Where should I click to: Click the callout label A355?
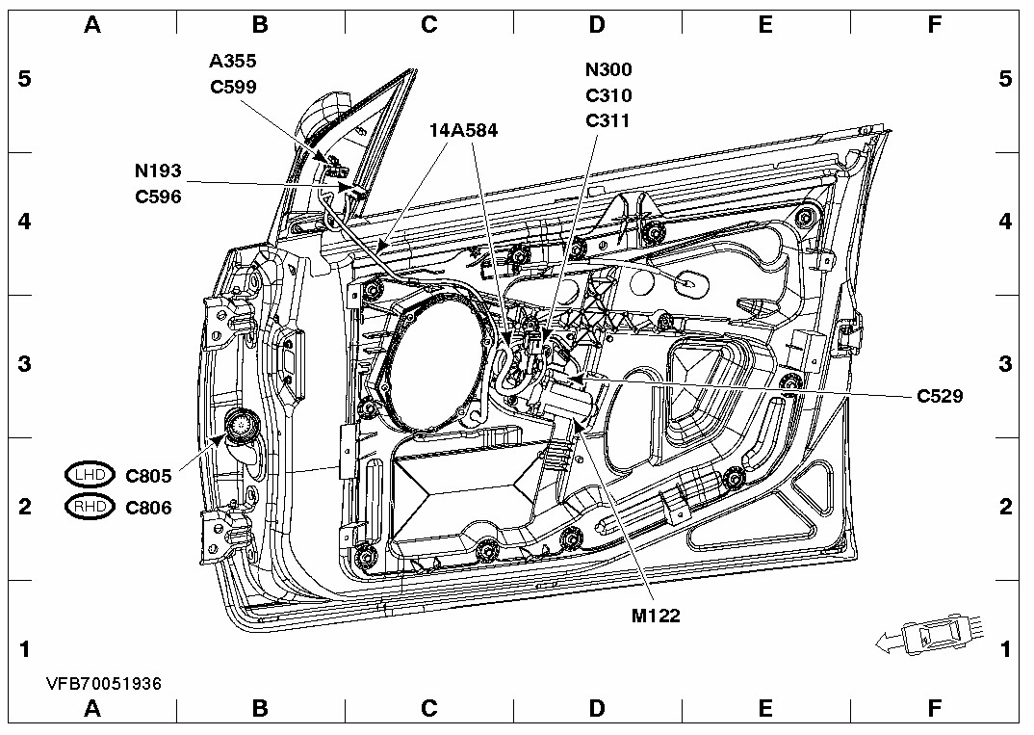click(233, 61)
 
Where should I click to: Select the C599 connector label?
click(233, 86)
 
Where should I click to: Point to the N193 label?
click(158, 171)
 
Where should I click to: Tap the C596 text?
click(158, 197)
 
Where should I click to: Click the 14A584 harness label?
click(464, 131)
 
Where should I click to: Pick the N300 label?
click(607, 69)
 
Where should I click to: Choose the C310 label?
click(607, 95)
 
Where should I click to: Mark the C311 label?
click(607, 120)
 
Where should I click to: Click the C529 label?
click(941, 395)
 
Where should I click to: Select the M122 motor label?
click(656, 617)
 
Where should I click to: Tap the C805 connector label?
click(148, 475)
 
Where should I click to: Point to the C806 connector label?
click(148, 507)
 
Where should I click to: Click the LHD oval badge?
click(90, 475)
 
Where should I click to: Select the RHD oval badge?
click(90, 507)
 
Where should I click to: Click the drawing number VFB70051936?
click(104, 683)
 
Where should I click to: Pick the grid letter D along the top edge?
click(597, 25)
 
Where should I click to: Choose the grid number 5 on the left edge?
click(25, 79)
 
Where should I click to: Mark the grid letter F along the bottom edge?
click(934, 710)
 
